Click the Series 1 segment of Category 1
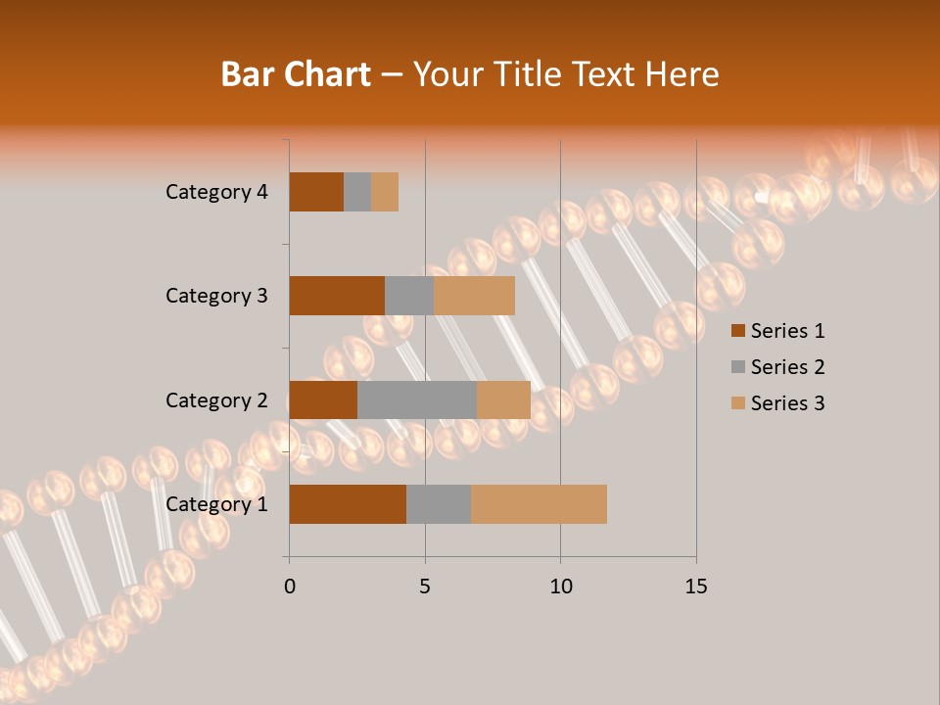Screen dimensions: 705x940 pos(348,504)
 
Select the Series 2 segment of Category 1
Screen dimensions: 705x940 pos(439,504)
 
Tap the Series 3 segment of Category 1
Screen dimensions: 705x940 pos(539,504)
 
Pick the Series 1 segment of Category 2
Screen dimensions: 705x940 pos(323,399)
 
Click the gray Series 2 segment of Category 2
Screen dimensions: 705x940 pos(417,399)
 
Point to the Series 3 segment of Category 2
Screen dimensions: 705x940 pos(503,399)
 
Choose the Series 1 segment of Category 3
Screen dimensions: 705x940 pos(337,296)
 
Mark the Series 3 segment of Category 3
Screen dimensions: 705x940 pos(474,296)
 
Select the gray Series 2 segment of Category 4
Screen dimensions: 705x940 pos(357,192)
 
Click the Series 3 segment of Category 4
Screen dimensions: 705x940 pos(385,192)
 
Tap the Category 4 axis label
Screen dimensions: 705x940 pos(216,192)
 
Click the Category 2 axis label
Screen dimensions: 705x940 pos(216,399)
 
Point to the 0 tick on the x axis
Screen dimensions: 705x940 pos(290,587)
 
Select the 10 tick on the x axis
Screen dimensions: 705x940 pos(560,587)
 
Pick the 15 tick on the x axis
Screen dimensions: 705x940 pos(695,587)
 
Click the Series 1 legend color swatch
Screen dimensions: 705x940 pos(737,331)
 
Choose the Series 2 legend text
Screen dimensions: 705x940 pos(787,367)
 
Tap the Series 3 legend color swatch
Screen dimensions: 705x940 pos(737,403)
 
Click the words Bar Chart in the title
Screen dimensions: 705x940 pos(296,74)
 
